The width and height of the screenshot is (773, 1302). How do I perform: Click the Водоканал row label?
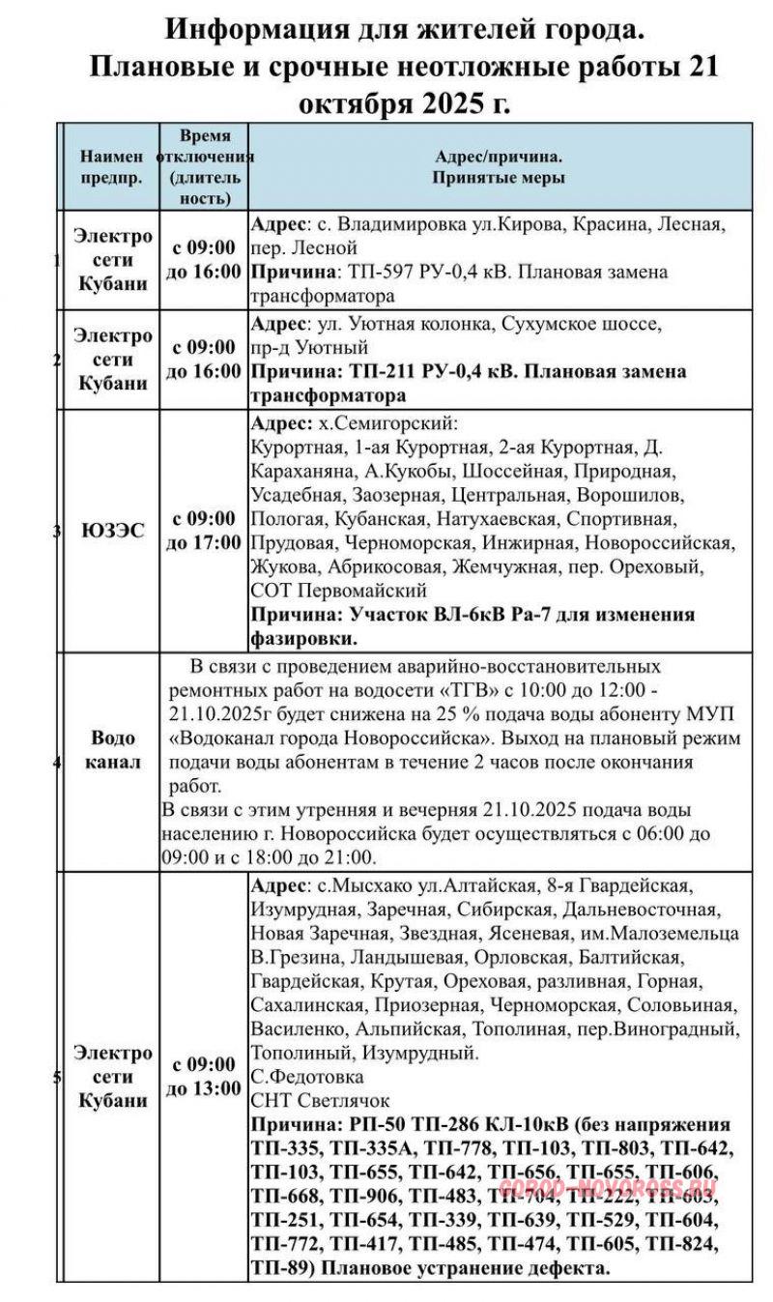pyautogui.click(x=113, y=750)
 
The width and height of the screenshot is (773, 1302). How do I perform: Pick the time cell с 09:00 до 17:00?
pyautogui.click(x=204, y=531)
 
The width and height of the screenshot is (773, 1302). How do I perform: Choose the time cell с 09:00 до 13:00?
pyautogui.click(x=204, y=1077)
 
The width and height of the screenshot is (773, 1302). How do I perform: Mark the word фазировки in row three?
pyautogui.click(x=301, y=639)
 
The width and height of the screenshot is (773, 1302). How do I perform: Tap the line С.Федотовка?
pyautogui.click(x=294, y=1076)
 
